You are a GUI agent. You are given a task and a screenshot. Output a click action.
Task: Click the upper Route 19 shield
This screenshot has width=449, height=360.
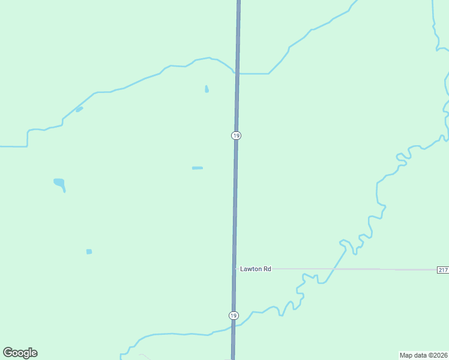pos(237,136)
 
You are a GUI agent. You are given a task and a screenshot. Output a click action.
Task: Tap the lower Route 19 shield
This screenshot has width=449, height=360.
pos(234,316)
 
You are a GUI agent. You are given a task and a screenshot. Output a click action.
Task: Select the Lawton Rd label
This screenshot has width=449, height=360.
pos(256,269)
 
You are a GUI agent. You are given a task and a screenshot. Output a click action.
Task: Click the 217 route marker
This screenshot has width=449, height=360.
pos(442,270)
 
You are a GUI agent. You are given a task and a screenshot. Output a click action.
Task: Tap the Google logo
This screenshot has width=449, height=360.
pos(20,353)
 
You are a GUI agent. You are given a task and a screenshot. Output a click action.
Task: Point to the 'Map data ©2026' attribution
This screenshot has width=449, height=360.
pos(423,355)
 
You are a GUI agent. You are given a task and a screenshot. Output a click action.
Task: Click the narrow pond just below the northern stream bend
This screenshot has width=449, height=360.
pos(206,89)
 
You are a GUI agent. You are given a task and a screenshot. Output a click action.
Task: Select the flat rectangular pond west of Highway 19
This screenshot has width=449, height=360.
pos(197,168)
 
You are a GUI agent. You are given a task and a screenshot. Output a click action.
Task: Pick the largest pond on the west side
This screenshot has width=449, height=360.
pos(59,182)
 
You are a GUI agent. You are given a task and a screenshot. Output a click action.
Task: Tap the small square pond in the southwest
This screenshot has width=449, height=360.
pos(89,251)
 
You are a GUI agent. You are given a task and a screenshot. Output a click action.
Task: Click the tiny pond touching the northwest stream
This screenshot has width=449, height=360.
pos(79,109)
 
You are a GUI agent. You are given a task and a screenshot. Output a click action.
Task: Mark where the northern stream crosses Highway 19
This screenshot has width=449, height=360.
pos(238,73)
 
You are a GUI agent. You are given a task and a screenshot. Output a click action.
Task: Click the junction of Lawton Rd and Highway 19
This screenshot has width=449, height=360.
pos(234,269)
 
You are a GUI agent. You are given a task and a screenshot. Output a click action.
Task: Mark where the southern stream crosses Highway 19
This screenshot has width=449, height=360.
pos(233,326)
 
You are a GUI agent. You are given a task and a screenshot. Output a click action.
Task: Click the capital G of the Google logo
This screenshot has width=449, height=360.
pos(8,353)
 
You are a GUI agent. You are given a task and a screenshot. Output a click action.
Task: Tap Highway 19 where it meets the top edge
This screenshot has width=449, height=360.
pos(239,2)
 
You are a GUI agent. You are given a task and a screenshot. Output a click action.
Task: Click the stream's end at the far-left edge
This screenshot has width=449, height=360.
pos(1,146)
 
